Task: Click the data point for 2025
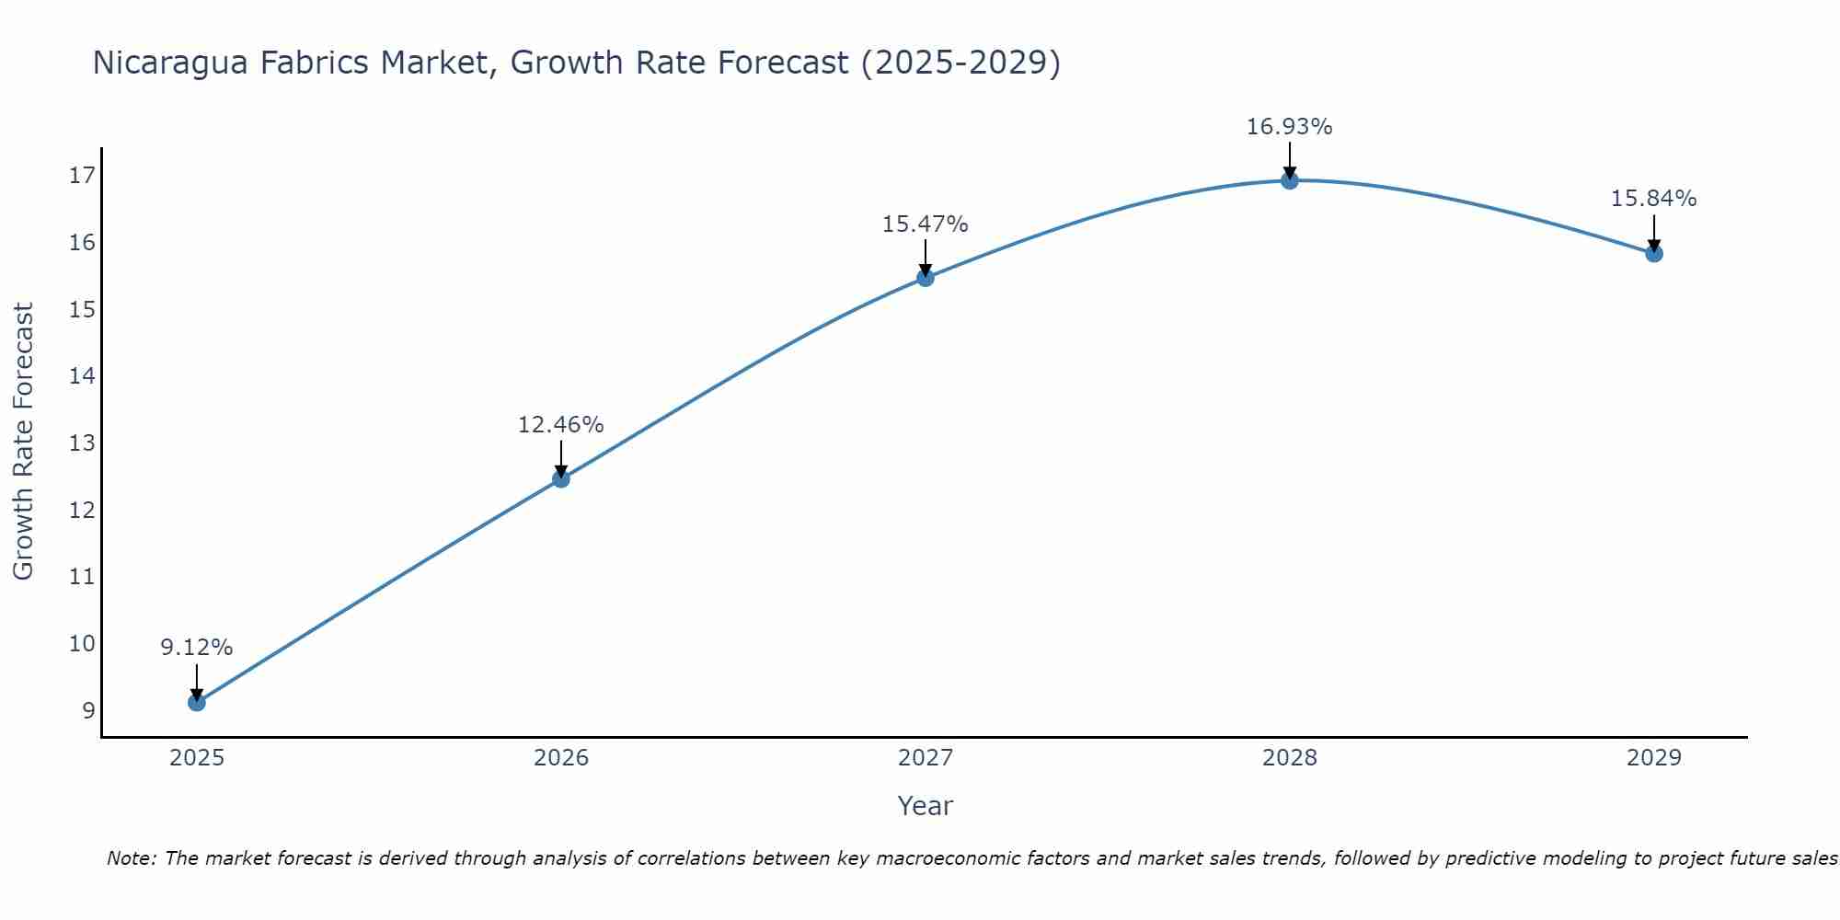[x=197, y=703]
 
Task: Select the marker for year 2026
[x=561, y=478]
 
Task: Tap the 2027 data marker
[x=926, y=277]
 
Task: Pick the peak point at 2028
[x=1290, y=180]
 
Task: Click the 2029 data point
[x=1654, y=253]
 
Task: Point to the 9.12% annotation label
[x=197, y=648]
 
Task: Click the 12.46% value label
[x=561, y=425]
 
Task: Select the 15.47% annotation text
[x=926, y=224]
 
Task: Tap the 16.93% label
[x=1290, y=127]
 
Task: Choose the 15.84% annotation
[x=1654, y=199]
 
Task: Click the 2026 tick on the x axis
[x=561, y=758]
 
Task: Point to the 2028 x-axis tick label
[x=1290, y=758]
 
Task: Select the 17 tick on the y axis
[x=83, y=176]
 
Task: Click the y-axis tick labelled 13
[x=83, y=443]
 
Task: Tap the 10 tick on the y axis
[x=83, y=644]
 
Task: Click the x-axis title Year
[x=926, y=806]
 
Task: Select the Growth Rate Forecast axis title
[x=24, y=442]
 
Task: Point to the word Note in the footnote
[x=132, y=859]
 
